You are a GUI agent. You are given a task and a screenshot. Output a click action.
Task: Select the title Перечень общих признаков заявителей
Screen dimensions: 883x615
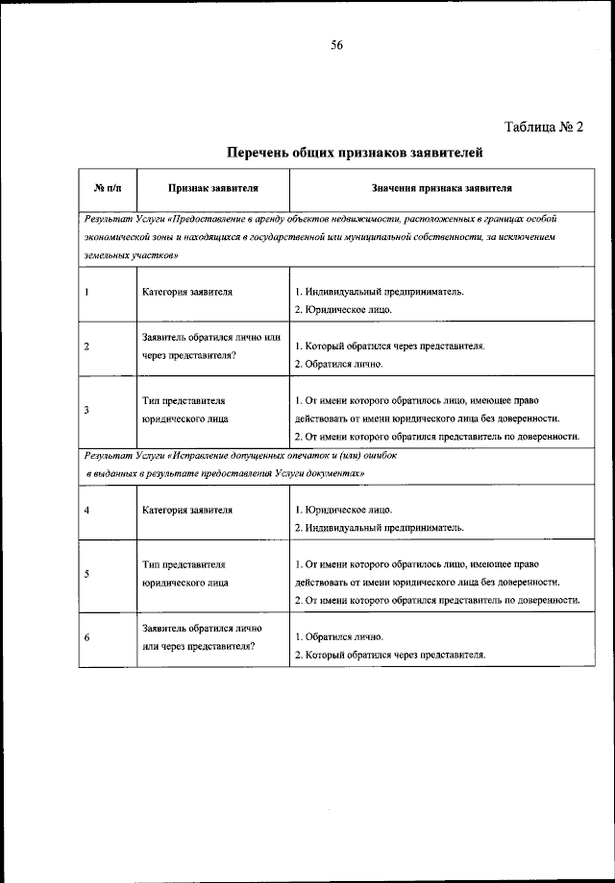tap(353, 153)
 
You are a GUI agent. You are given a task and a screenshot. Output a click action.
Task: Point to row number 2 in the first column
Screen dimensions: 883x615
tap(86, 346)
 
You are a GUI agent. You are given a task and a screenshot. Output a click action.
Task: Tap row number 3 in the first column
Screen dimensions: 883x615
tap(86, 410)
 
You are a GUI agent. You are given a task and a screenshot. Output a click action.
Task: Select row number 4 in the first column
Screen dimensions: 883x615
tap(86, 510)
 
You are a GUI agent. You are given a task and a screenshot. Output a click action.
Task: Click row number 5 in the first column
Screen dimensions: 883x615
tap(86, 574)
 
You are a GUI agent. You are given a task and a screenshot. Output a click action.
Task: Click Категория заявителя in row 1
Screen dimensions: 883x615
tap(186, 292)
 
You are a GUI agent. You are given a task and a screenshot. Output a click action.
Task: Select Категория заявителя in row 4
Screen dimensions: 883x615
tap(186, 510)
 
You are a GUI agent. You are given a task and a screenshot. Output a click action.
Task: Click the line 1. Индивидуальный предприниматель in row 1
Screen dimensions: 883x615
tap(379, 292)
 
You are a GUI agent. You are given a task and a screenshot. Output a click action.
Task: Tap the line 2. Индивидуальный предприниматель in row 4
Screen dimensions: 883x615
tap(379, 527)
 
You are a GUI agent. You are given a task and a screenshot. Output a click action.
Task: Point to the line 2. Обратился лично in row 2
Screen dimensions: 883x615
tap(338, 364)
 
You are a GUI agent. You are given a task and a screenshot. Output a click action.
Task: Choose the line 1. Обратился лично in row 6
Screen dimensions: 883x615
tap(338, 637)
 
